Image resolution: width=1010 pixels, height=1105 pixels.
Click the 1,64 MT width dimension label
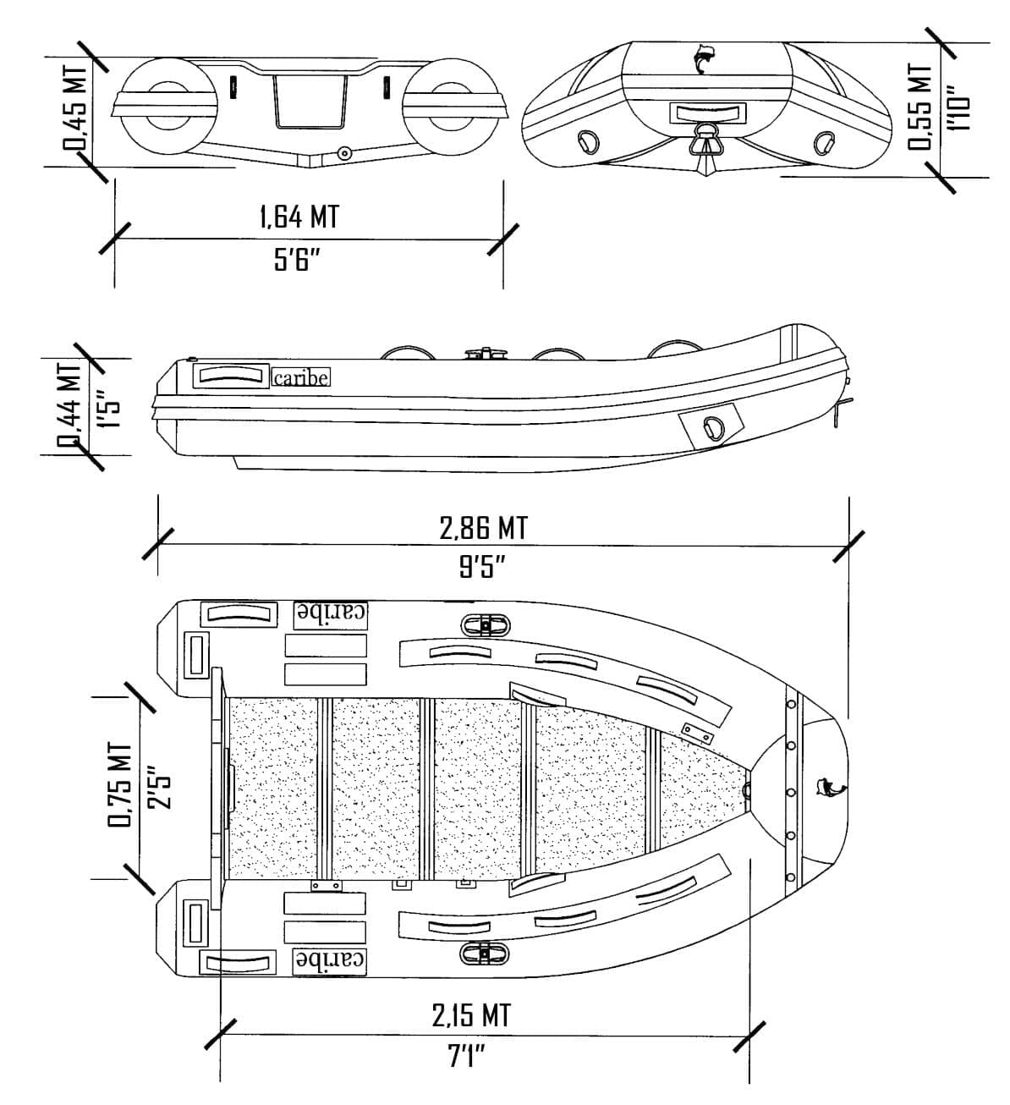299,217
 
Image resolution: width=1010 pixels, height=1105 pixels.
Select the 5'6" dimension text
297,260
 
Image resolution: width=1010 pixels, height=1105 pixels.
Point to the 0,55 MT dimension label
921,106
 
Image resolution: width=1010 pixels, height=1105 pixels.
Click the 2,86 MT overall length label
483,528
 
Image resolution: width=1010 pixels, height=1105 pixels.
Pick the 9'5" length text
482,566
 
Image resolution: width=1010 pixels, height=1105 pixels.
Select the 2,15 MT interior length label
471,1014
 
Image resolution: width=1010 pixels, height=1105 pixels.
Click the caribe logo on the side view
300,377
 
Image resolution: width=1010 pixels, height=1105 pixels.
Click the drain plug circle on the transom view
343,153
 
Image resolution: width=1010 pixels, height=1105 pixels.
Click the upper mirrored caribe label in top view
331,613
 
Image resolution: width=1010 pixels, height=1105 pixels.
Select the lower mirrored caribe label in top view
331,959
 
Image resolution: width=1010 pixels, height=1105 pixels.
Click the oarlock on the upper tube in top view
486,625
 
